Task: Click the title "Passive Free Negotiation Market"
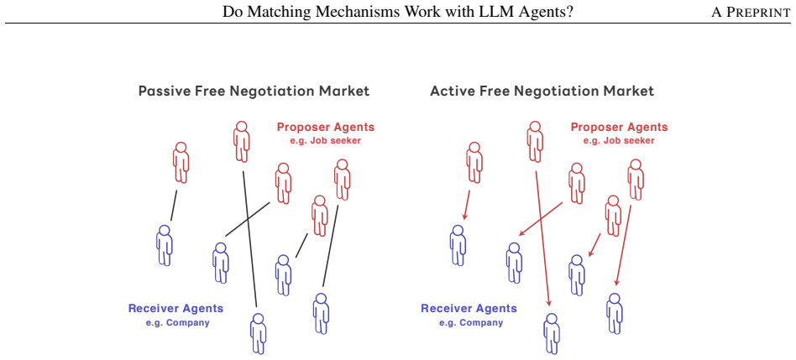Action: pyautogui.click(x=254, y=91)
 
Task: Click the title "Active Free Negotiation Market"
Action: pyautogui.click(x=542, y=91)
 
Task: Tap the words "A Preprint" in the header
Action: pyautogui.click(x=751, y=13)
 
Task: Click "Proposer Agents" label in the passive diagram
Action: pyautogui.click(x=326, y=127)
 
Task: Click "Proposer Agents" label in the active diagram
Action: pyautogui.click(x=620, y=127)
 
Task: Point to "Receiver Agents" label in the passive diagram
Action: pyautogui.click(x=175, y=308)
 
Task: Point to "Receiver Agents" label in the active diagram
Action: pyautogui.click(x=469, y=308)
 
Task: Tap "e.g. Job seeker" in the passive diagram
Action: pyautogui.click(x=326, y=140)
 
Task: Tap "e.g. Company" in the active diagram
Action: pyautogui.click(x=471, y=322)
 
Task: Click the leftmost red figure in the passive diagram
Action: pyautogui.click(x=181, y=162)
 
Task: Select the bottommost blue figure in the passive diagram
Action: pyautogui.click(x=258, y=334)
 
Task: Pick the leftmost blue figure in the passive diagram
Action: pyautogui.click(x=164, y=245)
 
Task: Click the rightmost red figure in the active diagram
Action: pyautogui.click(x=635, y=180)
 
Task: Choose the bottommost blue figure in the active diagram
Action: pyautogui.click(x=552, y=334)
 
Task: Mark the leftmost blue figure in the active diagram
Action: pyautogui.click(x=458, y=245)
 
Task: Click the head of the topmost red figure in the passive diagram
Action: pyautogui.click(x=242, y=127)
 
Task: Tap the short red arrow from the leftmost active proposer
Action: pyautogui.click(x=467, y=205)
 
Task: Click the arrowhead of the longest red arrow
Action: pyautogui.click(x=549, y=303)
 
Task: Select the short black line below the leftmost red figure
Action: pyautogui.click(x=174, y=206)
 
